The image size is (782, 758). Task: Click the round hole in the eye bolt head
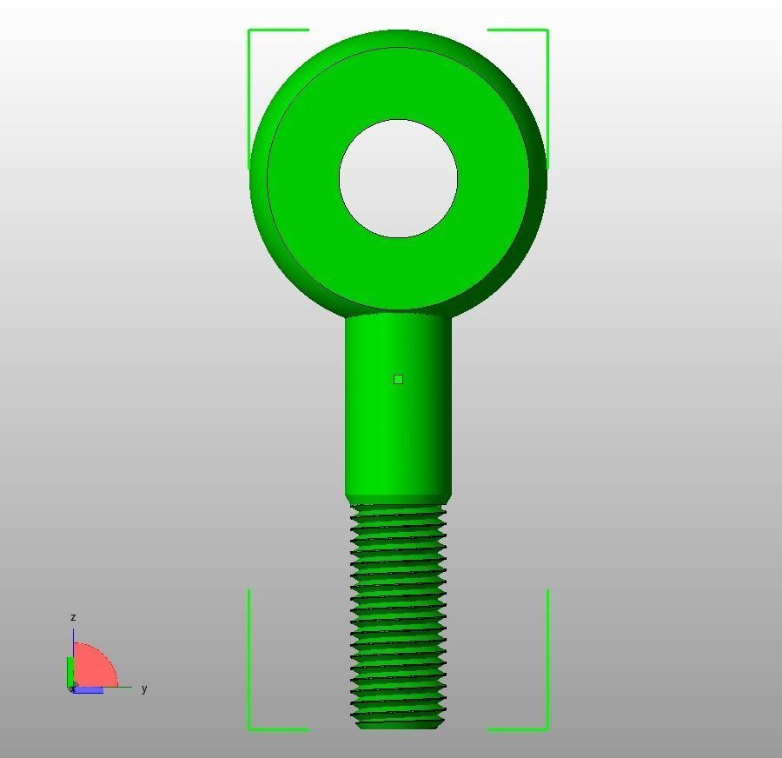(398, 178)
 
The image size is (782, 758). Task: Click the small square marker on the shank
(398, 379)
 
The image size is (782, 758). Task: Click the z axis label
(73, 617)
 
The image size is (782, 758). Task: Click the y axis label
(144, 688)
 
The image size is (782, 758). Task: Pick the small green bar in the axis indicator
(70, 671)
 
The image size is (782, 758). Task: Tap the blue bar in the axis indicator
(87, 690)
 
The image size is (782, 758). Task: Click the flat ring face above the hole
(398, 83)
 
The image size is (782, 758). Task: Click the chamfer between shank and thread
(398, 500)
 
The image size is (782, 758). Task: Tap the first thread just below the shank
(398, 512)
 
